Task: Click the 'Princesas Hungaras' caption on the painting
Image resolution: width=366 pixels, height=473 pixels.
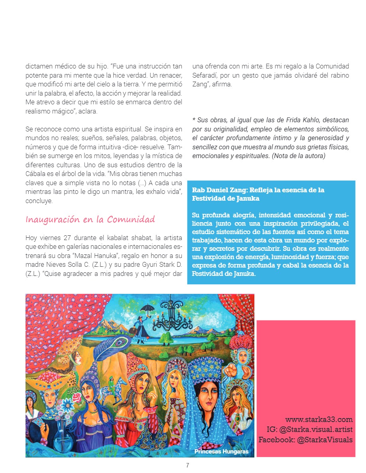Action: (x=221, y=451)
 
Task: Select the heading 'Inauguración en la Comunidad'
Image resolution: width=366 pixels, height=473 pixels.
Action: (x=90, y=219)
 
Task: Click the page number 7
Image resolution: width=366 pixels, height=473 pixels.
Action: (x=187, y=465)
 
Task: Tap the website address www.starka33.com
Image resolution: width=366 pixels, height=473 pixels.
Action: (x=319, y=420)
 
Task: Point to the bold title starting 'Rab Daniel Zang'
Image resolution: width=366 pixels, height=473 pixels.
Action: (x=258, y=194)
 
